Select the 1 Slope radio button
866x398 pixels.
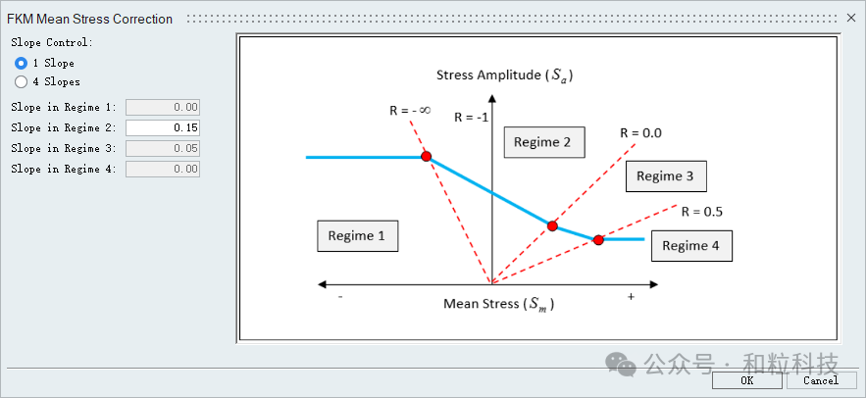[x=21, y=63]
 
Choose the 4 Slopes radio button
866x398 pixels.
[x=21, y=82]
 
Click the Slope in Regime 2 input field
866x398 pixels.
[x=163, y=127]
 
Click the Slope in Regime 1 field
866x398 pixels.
[x=163, y=107]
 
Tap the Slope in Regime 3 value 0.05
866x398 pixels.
[x=163, y=148]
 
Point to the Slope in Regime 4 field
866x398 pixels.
[x=163, y=169]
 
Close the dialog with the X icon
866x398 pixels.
[x=850, y=18]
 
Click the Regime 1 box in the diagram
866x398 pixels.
[x=357, y=236]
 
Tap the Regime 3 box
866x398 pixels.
[x=666, y=176]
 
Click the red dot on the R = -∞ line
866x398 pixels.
[x=426, y=157]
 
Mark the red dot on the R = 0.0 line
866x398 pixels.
[x=552, y=225]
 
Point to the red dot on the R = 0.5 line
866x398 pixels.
[x=598, y=239]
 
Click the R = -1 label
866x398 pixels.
[x=471, y=117]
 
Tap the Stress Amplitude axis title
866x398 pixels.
[x=504, y=75]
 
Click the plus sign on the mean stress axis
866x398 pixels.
[x=631, y=296]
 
